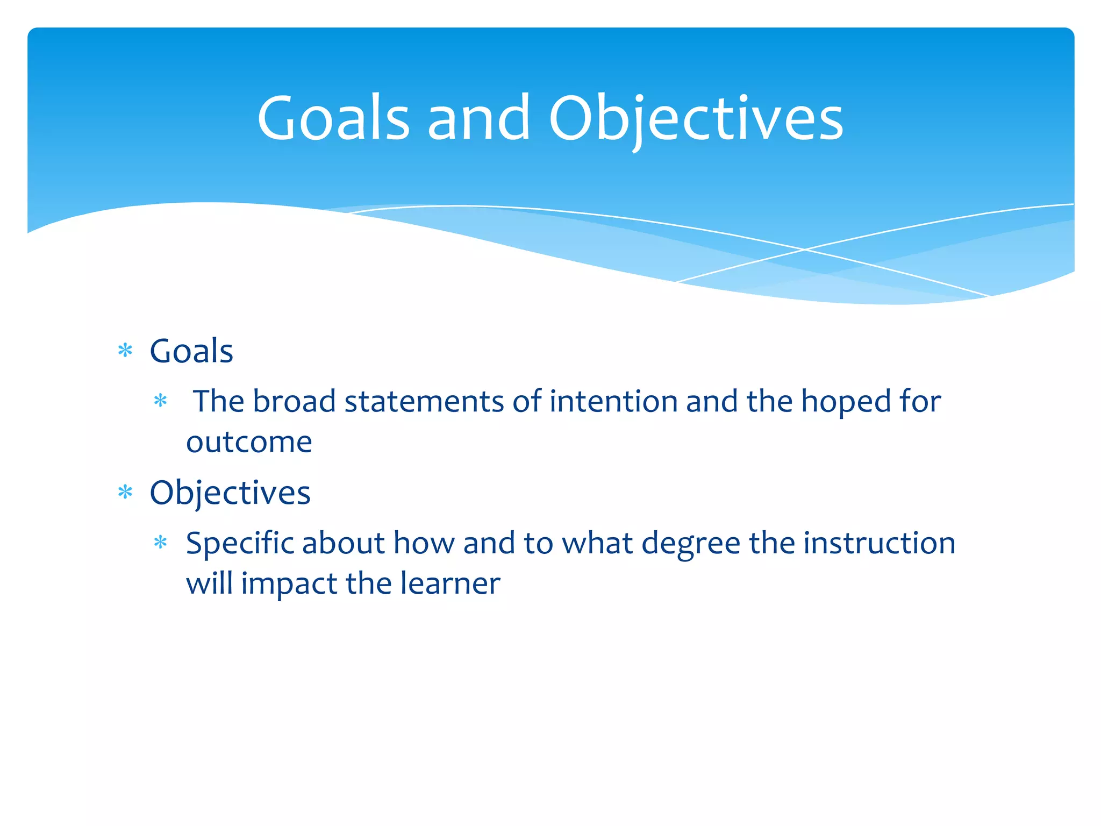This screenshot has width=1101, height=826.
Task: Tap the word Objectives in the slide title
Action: pos(696,118)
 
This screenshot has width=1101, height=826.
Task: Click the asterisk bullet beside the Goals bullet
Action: pos(125,351)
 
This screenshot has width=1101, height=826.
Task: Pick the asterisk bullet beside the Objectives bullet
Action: pos(125,492)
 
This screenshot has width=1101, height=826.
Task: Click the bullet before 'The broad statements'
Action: pos(161,401)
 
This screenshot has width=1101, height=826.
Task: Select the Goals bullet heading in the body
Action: pos(191,351)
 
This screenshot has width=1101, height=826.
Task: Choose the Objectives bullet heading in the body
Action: pos(230,493)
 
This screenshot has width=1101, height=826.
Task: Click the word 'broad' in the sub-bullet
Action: pos(294,401)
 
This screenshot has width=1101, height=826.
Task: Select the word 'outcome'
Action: pos(249,442)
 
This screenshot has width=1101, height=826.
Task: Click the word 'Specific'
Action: pos(240,543)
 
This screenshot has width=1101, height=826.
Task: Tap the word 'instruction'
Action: pos(880,543)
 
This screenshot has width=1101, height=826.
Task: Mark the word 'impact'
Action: pos(288,584)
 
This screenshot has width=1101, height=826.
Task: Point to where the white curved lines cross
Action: pos(805,250)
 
